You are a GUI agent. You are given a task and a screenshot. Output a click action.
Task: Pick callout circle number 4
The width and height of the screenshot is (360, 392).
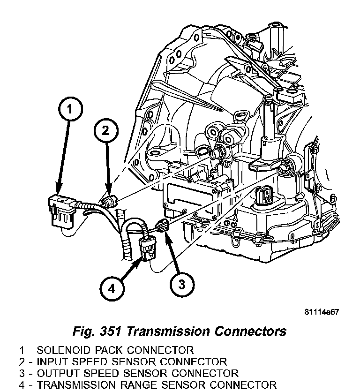coord(111,288)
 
